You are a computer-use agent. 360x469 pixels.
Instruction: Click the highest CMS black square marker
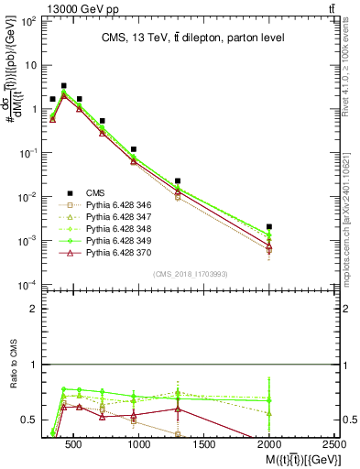coord(63,85)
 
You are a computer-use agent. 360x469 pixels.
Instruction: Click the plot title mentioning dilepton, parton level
coord(184,38)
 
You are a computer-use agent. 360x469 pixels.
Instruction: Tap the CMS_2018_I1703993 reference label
coord(184,274)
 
